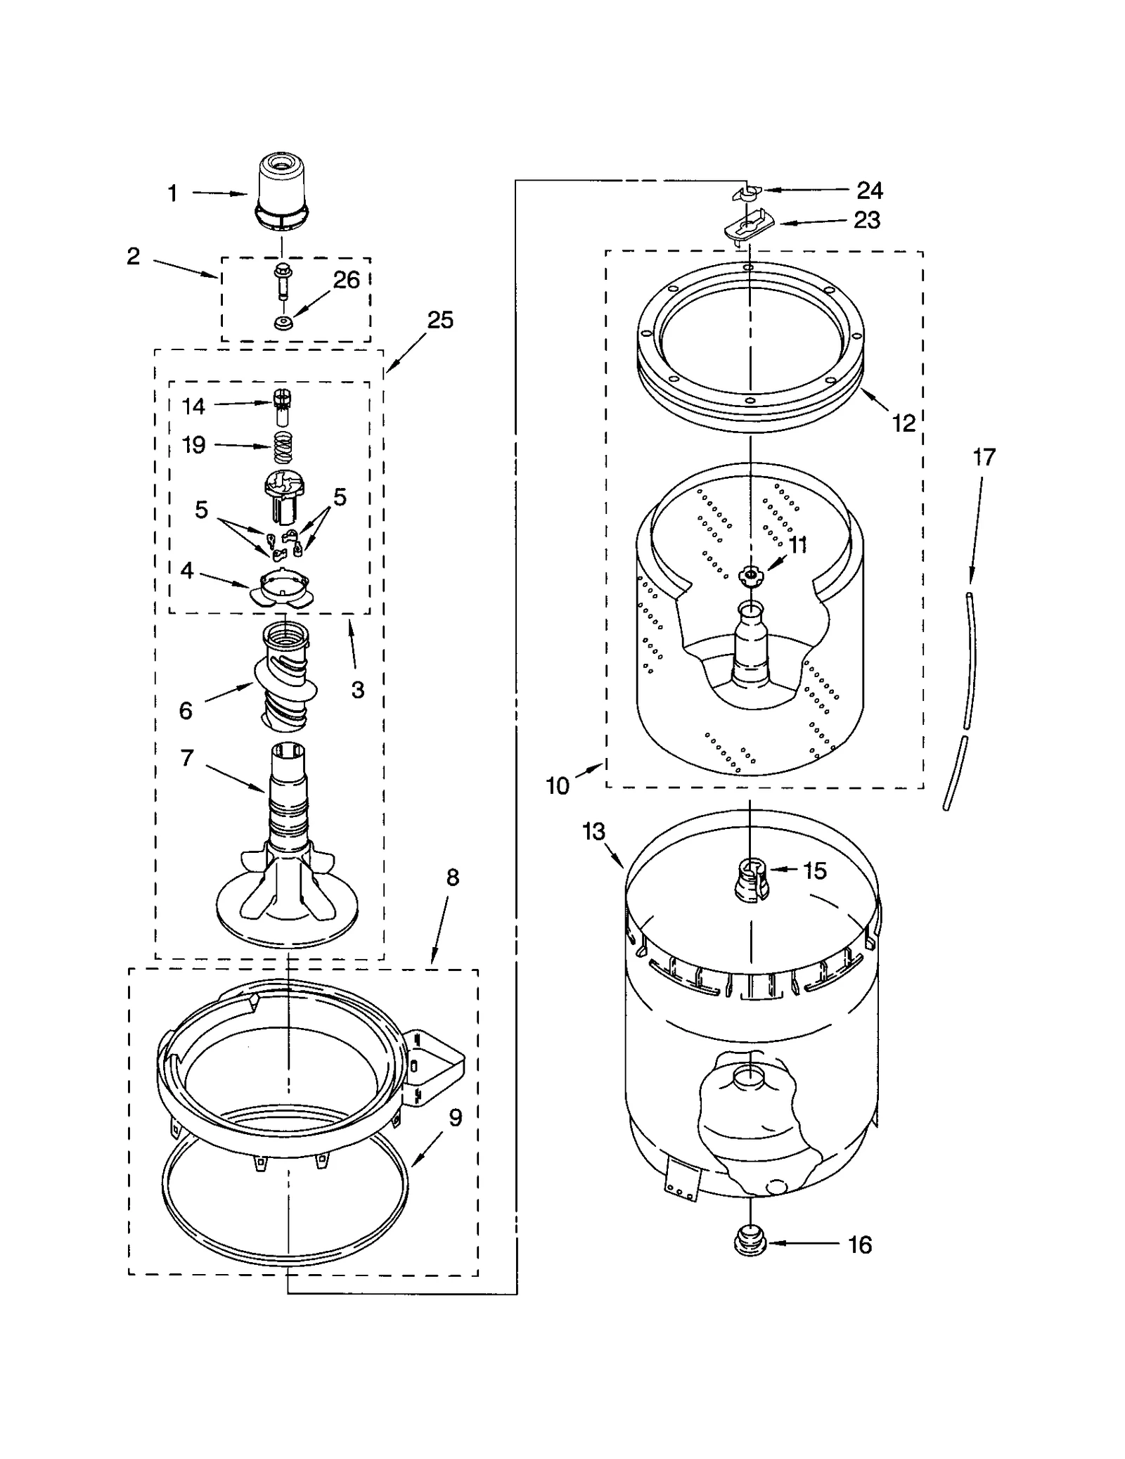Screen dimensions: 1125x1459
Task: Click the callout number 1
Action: pos(172,193)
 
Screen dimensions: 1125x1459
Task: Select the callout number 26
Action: pos(346,280)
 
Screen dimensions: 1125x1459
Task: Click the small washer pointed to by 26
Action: pos(284,323)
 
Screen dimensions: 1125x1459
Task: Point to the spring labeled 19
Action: pos(283,447)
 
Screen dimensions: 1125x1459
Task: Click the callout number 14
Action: pos(193,406)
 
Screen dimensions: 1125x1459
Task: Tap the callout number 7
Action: pos(186,758)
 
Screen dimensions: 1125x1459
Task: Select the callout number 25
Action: pos(440,320)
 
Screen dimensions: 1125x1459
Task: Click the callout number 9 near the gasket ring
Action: pos(455,1117)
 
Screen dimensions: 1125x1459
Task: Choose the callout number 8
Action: pos(452,877)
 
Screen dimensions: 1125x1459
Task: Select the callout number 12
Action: pos(904,423)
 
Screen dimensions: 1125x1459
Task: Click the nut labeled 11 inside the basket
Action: pos(750,575)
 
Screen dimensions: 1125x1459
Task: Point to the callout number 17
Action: pos(984,457)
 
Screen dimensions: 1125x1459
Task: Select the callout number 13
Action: pos(593,832)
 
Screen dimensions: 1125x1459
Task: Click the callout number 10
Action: pos(557,785)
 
